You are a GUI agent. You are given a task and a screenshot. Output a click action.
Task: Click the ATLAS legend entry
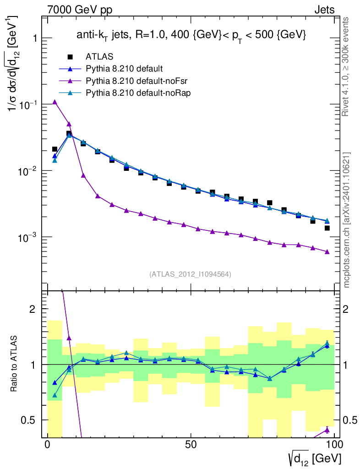pos(100,57)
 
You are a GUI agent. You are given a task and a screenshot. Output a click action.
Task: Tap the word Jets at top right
pos(324,9)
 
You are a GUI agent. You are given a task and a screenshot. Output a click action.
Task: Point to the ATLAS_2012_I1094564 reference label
pos(190,274)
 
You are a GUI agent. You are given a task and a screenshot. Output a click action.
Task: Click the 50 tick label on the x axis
pos(191,444)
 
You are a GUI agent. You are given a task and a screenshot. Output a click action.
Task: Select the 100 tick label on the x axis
pos(335,444)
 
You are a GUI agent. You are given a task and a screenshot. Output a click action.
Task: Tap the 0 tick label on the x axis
pos(48,444)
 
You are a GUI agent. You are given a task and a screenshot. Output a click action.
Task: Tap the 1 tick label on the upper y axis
pos(33,38)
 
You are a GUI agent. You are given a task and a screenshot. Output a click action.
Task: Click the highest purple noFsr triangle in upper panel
pos(55,102)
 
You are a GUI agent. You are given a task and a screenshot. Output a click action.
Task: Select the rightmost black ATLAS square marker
pos(327,228)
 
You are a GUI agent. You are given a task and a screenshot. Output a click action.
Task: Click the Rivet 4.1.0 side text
pos(346,66)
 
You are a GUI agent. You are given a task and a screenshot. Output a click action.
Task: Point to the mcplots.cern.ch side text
pos(347,220)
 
